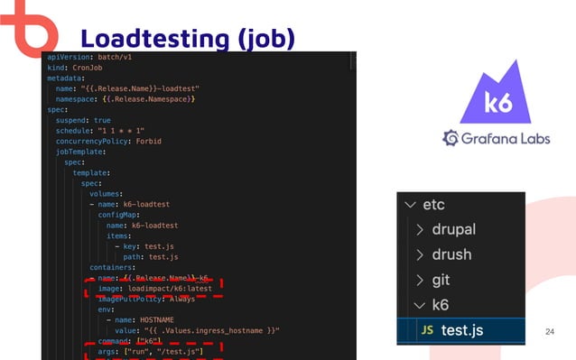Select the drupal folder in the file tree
click(x=453, y=229)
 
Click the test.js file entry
click(x=461, y=330)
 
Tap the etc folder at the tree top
click(x=433, y=205)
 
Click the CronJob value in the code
click(x=93, y=68)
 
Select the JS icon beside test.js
click(x=428, y=330)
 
